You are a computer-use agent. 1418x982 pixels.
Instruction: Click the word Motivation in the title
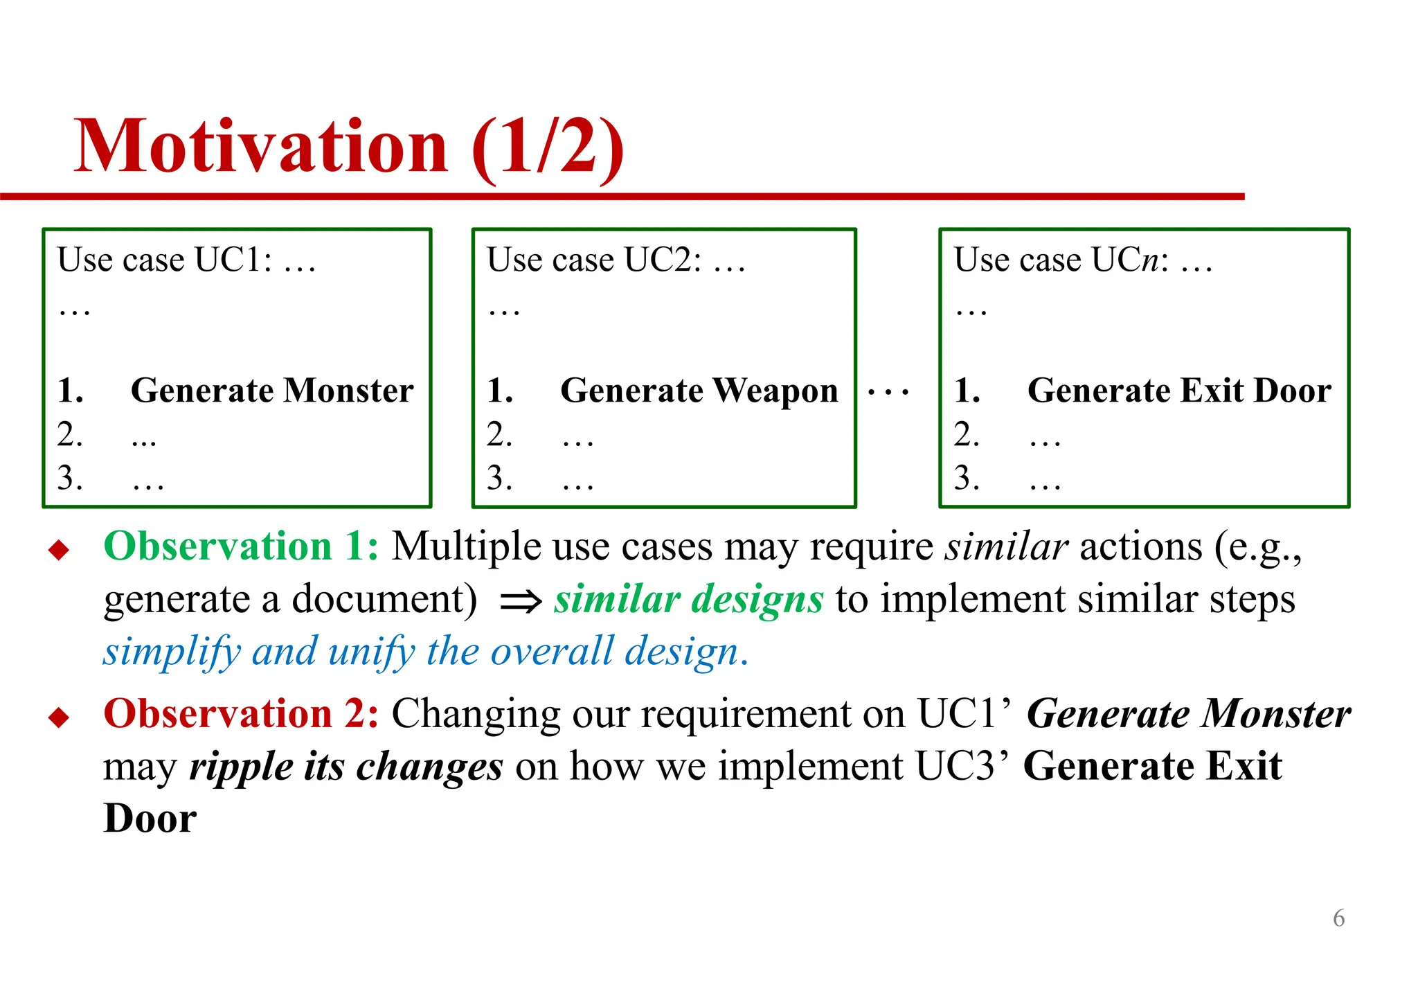coord(261,146)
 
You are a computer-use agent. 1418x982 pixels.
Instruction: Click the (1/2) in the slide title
coord(548,148)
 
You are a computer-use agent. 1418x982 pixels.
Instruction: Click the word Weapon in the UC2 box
coord(775,391)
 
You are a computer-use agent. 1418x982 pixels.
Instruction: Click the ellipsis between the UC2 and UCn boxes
coord(888,393)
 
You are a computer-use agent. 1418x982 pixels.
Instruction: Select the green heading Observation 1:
coord(241,546)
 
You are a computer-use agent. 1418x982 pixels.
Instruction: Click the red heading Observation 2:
coord(241,714)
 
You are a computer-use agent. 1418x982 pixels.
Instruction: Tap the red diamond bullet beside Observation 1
coord(60,551)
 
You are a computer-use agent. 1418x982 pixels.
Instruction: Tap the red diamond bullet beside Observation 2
coord(60,717)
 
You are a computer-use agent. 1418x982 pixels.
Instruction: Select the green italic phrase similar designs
coord(688,599)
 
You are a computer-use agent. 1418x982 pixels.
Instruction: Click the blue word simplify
coord(172,652)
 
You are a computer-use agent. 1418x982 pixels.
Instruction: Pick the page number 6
coord(1338,918)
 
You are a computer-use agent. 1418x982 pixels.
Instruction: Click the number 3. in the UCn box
coord(967,478)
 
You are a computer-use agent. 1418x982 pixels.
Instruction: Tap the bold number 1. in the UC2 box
coord(500,391)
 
